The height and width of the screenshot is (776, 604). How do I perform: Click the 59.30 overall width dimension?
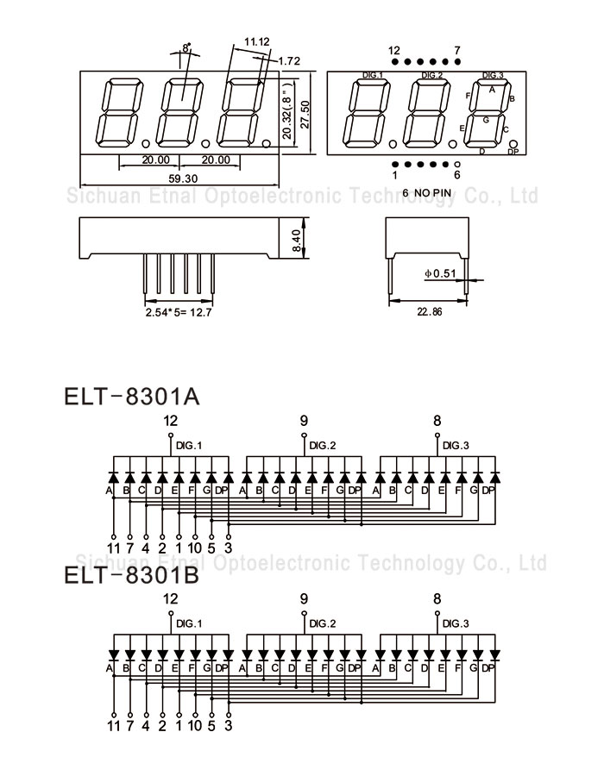[183, 178]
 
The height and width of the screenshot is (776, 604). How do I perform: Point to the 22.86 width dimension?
[429, 312]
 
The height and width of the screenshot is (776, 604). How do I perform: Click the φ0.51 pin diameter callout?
[439, 274]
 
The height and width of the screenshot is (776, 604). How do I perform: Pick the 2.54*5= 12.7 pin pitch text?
[179, 312]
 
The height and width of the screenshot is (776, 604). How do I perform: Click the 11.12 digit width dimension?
[256, 41]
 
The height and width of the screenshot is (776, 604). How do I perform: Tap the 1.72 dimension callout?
[289, 61]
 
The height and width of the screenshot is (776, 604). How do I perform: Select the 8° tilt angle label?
[186, 49]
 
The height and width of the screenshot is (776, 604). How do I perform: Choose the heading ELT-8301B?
[132, 574]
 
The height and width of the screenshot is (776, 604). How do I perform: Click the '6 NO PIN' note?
[427, 191]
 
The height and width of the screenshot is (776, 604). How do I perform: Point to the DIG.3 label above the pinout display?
[494, 75]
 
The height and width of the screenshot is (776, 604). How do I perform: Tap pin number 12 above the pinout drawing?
[394, 50]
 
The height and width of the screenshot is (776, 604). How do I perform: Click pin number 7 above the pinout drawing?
[457, 50]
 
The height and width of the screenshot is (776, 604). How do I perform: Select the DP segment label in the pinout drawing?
[513, 152]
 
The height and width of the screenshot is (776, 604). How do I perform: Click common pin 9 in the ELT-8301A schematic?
[304, 421]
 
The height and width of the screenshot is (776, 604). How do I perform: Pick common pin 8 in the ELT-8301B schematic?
[437, 598]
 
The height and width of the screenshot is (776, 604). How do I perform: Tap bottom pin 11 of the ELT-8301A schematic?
[113, 547]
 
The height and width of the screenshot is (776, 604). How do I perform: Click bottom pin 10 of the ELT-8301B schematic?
[195, 726]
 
